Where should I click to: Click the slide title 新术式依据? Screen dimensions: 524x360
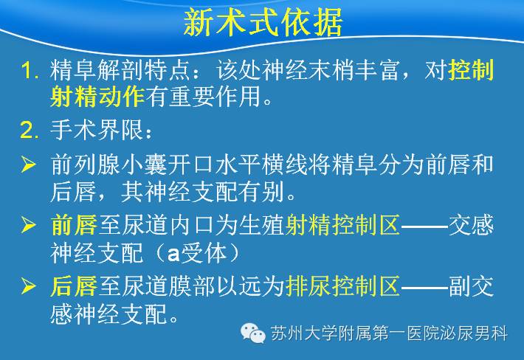tap(263, 22)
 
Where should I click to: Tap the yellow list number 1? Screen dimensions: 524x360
tap(30, 70)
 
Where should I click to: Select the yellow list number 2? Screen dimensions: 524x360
tap(30, 131)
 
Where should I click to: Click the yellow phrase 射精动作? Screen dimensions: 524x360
tap(97, 97)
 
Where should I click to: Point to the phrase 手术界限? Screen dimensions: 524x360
tap(97, 130)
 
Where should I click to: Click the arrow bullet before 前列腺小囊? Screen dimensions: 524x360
tap(28, 165)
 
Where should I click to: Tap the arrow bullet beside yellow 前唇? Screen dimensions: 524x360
tap(28, 224)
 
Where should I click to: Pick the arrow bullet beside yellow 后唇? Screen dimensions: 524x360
tap(28, 286)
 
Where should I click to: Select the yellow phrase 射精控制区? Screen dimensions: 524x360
tap(342, 224)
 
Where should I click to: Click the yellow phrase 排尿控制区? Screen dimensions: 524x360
tap(342, 286)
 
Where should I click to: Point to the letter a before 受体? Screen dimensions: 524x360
tap(173, 255)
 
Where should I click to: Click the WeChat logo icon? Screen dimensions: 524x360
tap(253, 333)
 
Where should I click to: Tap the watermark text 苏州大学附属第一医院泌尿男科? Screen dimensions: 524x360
tap(389, 333)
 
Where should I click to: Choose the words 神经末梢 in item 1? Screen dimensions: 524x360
tap(309, 70)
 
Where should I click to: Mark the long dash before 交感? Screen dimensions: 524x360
tap(424, 226)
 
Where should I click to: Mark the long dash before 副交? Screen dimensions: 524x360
tap(424, 287)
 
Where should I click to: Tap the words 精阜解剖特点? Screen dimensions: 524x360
tap(120, 70)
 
